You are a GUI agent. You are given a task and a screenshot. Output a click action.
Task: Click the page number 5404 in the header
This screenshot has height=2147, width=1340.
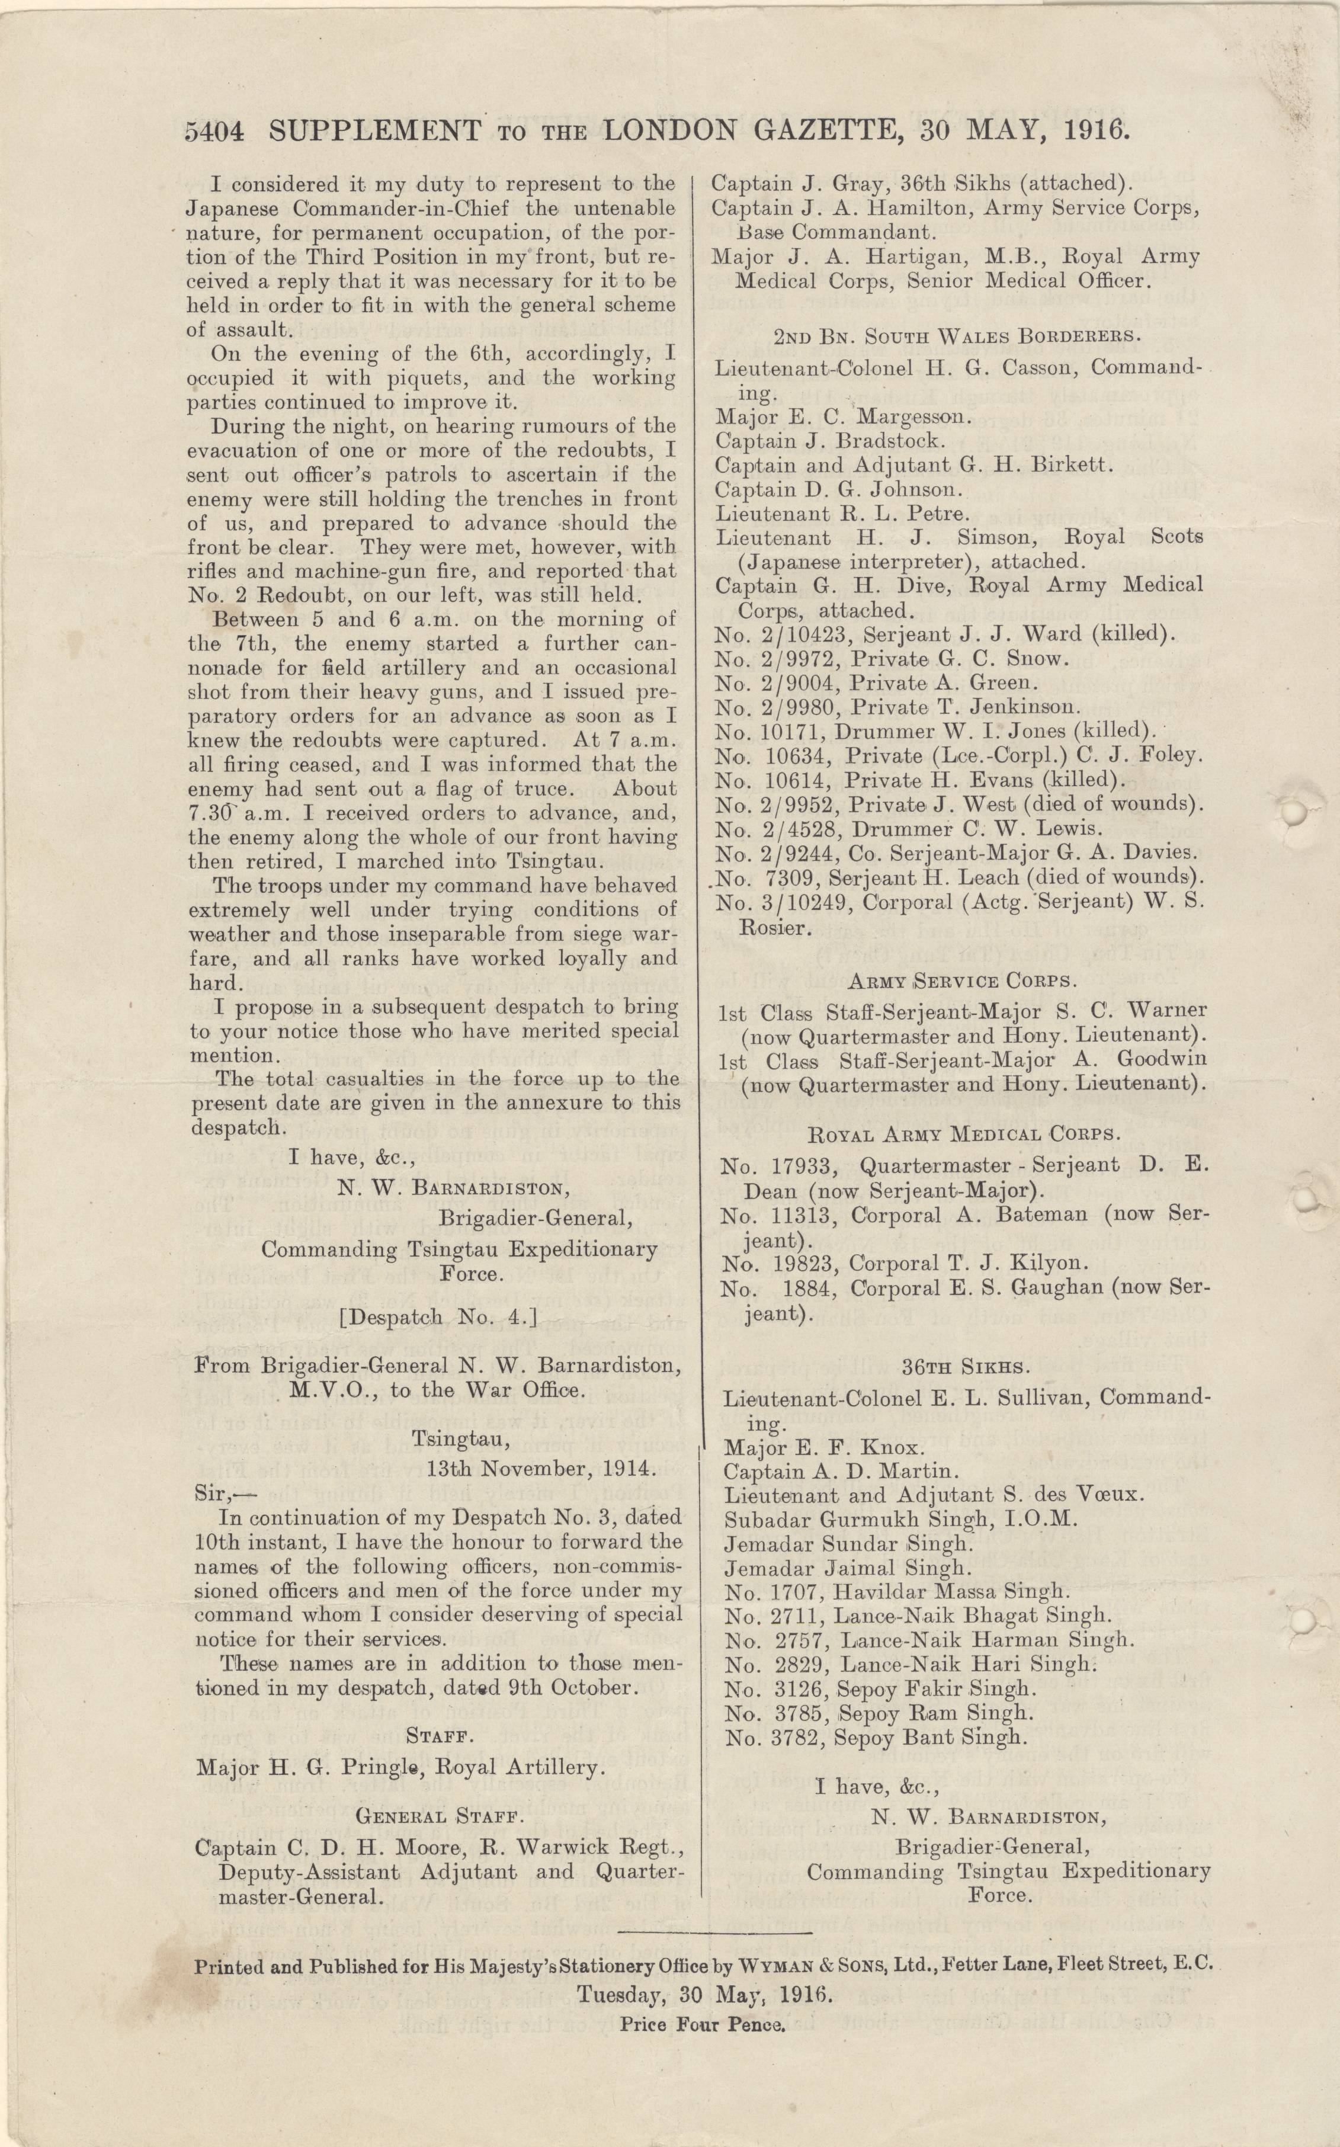(x=214, y=132)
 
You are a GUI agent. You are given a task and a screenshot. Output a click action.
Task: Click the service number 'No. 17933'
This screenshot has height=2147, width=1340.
(x=779, y=1166)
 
